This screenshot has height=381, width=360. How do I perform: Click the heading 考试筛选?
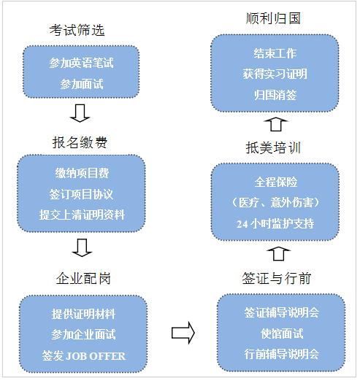77,31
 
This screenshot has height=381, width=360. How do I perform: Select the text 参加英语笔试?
81,63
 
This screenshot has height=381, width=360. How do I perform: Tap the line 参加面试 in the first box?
82,84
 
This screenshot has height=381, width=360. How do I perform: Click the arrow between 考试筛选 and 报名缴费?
80,113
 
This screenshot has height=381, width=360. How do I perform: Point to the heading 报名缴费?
80,142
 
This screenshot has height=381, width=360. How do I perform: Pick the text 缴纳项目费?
82,173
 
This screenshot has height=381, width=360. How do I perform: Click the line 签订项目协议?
81,194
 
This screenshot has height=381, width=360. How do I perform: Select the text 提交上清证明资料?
82,215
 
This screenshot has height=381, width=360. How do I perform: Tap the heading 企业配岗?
83,278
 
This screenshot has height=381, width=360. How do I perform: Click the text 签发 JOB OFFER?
84,356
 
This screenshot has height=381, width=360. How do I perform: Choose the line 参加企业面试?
83,334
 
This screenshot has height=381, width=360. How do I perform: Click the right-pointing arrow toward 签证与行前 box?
183,333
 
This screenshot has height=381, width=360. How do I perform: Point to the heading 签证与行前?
277,278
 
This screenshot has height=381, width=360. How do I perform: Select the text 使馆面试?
282,334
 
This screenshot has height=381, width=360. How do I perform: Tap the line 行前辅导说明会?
282,354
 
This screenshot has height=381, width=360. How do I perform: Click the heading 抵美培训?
273,147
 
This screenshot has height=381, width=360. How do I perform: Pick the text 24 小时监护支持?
275,223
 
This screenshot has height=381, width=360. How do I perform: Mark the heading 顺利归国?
273,18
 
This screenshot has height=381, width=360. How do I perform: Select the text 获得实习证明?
275,74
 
